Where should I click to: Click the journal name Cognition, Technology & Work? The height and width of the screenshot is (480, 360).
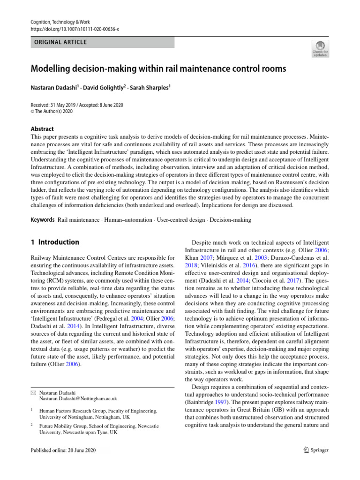[60, 22]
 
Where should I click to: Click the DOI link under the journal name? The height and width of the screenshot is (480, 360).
[75, 29]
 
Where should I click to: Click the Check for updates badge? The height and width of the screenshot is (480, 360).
[320, 49]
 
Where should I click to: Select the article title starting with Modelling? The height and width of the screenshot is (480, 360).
[158, 69]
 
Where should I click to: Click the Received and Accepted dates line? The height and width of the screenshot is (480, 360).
[77, 105]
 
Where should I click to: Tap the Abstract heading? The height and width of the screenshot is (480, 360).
[42, 129]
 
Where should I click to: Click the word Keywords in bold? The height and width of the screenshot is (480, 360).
[43, 220]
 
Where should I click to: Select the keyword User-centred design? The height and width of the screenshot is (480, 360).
[180, 220]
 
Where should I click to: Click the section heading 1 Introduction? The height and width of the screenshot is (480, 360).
[55, 242]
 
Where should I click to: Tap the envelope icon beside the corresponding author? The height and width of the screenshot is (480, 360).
[34, 393]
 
